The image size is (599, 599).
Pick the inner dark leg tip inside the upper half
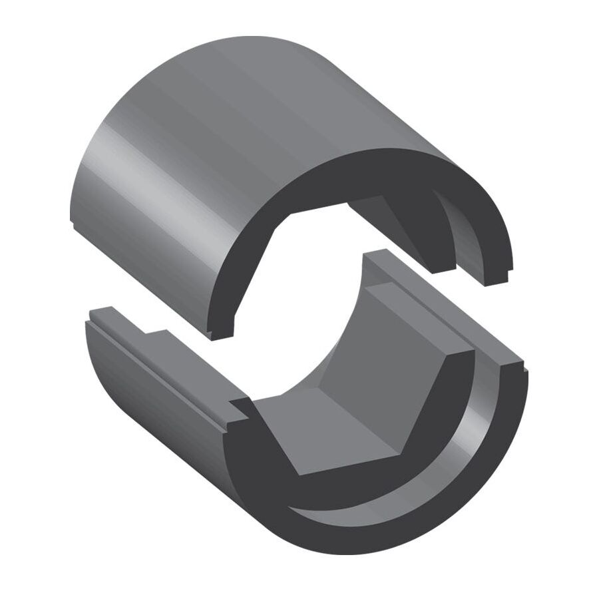click(443, 263)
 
